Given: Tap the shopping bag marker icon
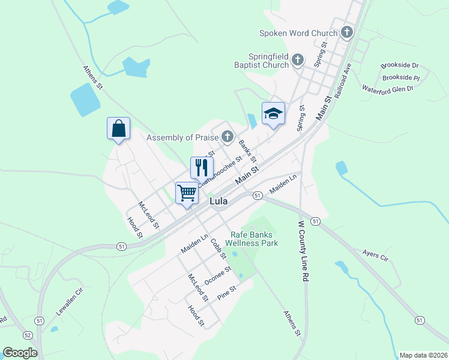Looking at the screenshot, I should pyautogui.click(x=118, y=128).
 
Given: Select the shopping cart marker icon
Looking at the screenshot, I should pyautogui.click(x=187, y=193).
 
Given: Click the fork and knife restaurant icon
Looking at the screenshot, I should pyautogui.click(x=202, y=167).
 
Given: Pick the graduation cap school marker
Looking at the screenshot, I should pyautogui.click(x=273, y=113).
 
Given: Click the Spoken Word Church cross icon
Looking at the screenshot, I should pyautogui.click(x=346, y=33).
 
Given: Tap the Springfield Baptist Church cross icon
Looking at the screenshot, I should pyautogui.click(x=298, y=59).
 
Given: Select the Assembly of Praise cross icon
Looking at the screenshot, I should pyautogui.click(x=227, y=137).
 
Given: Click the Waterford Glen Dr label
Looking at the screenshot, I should pyautogui.click(x=388, y=89).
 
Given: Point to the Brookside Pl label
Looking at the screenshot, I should pyautogui.click(x=400, y=78).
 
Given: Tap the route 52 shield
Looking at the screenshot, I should pyautogui.click(x=28, y=335).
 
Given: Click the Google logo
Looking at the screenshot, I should pyautogui.click(x=20, y=353).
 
